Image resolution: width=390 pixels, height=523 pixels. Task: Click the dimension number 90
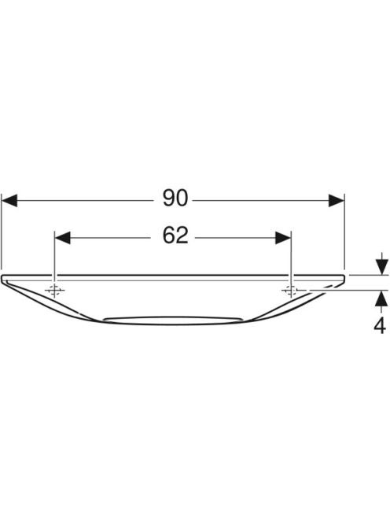175,198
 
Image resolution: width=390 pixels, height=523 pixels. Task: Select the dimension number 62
175,235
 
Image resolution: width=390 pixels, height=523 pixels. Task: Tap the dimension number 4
380,325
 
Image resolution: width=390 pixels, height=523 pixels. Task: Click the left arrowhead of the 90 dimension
9,201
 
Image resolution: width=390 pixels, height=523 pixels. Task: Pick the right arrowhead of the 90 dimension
336,201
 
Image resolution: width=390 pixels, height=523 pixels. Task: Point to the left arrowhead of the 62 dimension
63,238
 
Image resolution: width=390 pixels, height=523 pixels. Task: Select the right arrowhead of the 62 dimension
283,238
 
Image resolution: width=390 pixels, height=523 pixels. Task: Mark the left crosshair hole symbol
54,291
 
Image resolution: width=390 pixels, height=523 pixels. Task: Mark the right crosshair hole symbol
291,291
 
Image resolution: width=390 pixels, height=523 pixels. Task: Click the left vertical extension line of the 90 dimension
2,231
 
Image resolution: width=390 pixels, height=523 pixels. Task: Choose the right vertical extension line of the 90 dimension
344,231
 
